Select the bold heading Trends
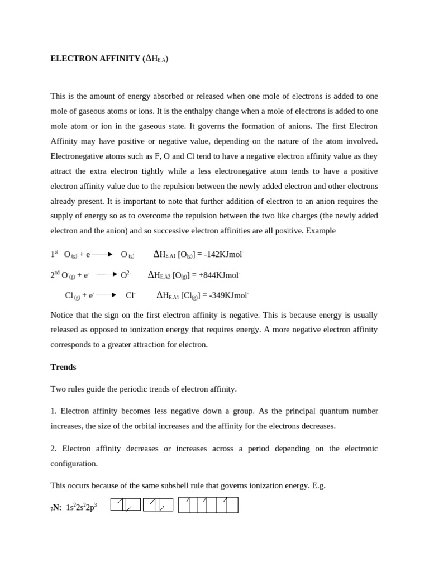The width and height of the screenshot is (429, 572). pos(63,367)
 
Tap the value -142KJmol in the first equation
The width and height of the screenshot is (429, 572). pos(223,255)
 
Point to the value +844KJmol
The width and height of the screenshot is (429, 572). pos(219,275)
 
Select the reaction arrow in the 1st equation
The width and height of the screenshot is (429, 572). pos(103,254)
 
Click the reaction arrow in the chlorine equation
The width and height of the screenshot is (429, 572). pos(106,295)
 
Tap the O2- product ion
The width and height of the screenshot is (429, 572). pos(126,275)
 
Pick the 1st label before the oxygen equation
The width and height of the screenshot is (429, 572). pos(54,254)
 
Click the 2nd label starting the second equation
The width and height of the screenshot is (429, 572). pos(55,275)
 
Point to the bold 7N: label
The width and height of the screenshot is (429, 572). pos(56,508)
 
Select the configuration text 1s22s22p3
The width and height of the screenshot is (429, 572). pos(82,507)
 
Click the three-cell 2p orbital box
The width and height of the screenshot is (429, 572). pos(208,505)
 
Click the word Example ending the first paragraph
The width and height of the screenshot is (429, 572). pos(321,231)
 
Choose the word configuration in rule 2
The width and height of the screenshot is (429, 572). pos(74,464)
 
